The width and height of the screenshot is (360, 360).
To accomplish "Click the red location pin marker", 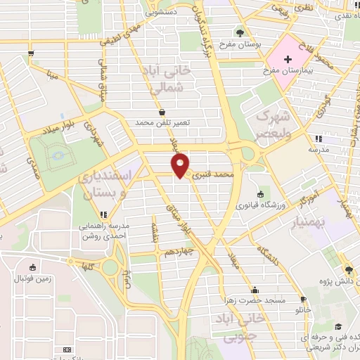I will pos(181,167).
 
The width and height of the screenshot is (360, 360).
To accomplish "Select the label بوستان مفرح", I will pos(240,44).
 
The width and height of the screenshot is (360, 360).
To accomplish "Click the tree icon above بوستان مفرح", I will pos(240,33).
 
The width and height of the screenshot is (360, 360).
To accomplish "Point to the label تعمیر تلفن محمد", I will pos(164,122).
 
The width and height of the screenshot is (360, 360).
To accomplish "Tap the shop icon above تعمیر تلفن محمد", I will pos(162,112).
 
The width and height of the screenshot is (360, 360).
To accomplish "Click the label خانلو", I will pos(303,309).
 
